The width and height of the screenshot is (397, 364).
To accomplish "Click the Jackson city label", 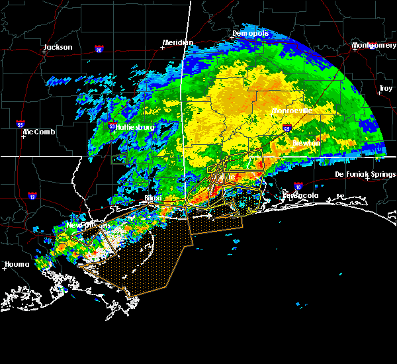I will [x=58, y=47].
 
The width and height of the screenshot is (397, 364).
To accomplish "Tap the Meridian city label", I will [x=178, y=43].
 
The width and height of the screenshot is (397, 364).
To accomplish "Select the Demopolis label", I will [x=251, y=33].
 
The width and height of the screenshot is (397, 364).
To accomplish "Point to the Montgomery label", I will [x=375, y=46].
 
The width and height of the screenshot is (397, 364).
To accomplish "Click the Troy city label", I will [x=385, y=88].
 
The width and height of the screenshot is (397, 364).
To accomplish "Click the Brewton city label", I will [x=306, y=142].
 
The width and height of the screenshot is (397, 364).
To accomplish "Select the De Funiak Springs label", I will [x=364, y=174].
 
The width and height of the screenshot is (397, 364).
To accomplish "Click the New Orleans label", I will [x=84, y=226].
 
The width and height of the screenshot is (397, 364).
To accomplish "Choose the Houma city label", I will [x=17, y=264].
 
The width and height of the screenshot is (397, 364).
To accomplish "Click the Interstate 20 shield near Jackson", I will [x=99, y=50].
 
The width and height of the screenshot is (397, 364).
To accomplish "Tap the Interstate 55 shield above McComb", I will [x=21, y=124].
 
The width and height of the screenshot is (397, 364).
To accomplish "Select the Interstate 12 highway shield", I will [x=32, y=196].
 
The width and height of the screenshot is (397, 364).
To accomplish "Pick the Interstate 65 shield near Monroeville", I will [x=287, y=129].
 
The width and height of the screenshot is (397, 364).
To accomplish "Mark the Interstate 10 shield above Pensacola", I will [x=298, y=187].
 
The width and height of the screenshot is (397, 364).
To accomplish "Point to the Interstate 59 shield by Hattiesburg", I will [x=112, y=124].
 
